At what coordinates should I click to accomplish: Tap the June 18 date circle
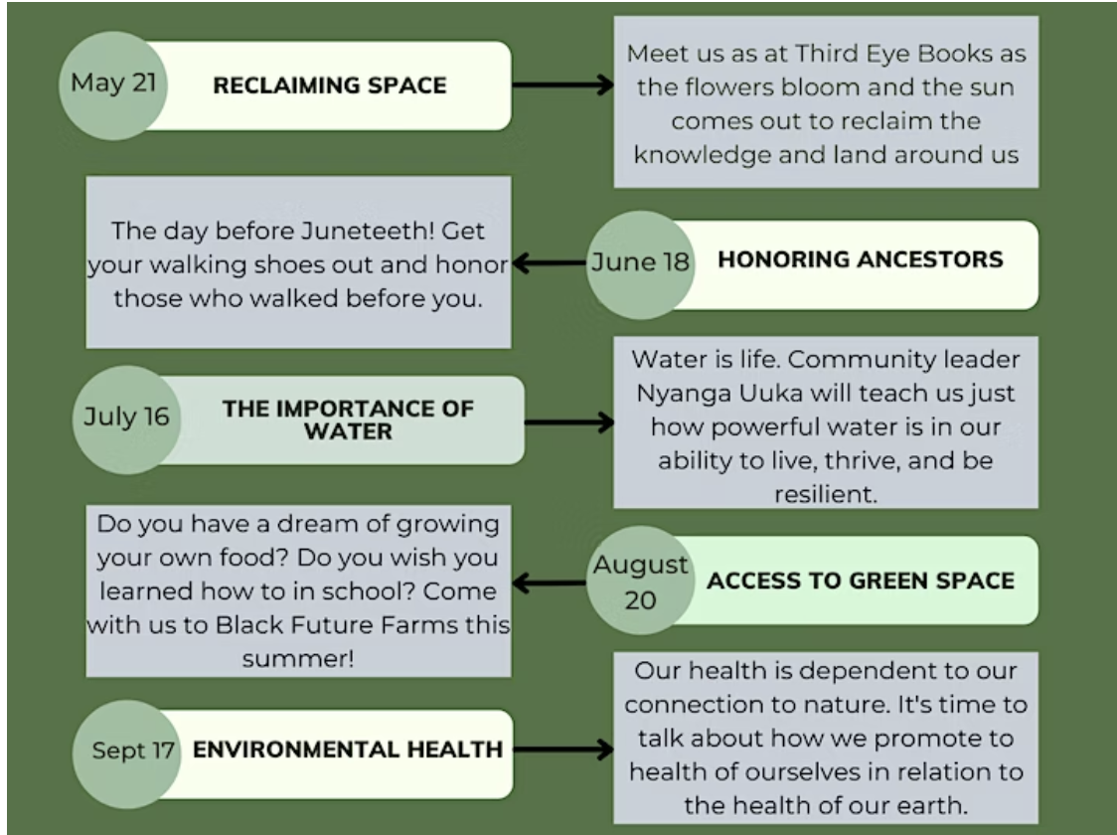(639, 263)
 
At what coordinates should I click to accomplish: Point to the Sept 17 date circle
(133, 751)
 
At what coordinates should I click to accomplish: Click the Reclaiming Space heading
(330, 85)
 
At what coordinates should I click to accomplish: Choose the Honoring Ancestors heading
(860, 260)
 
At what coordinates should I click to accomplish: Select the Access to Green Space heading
(861, 581)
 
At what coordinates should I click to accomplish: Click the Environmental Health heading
(348, 750)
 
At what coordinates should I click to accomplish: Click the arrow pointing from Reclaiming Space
(562, 85)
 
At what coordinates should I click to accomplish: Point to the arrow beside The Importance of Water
(568, 422)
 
